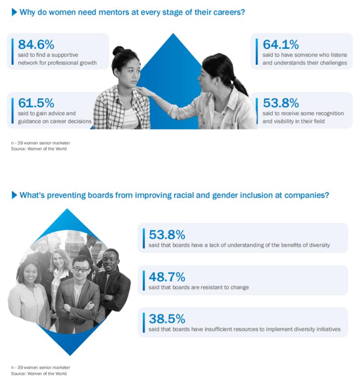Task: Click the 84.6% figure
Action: point(36,44)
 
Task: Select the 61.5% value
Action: point(36,103)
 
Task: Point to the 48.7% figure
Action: point(166,277)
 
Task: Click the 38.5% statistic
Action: point(166,319)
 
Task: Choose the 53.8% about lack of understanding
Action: point(166,235)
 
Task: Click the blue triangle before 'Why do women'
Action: point(14,12)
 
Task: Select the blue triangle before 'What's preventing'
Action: point(14,195)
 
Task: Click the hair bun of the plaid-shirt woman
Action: point(118,50)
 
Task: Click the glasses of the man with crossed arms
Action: point(81,269)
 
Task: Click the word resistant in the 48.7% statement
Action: point(212,287)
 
